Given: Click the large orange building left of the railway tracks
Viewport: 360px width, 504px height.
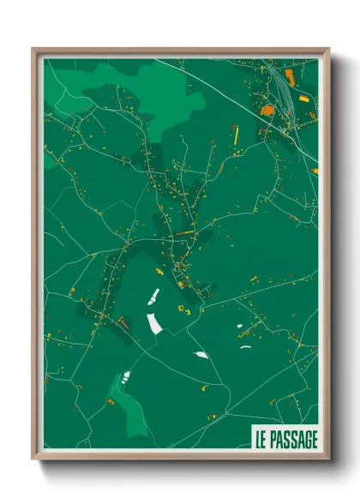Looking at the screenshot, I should tap(267, 111).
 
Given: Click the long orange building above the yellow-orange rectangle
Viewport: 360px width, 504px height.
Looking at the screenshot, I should tap(289, 78).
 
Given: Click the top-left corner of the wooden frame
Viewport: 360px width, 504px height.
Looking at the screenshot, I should tap(33, 50).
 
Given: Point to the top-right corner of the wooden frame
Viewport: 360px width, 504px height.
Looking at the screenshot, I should tap(328, 50).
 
